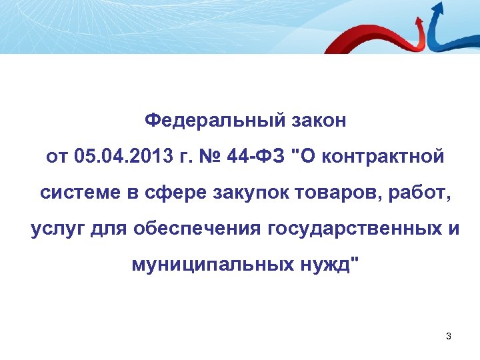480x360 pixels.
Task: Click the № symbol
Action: point(204,157)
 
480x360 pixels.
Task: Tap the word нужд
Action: point(326,265)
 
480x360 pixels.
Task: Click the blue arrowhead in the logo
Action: point(437,8)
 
